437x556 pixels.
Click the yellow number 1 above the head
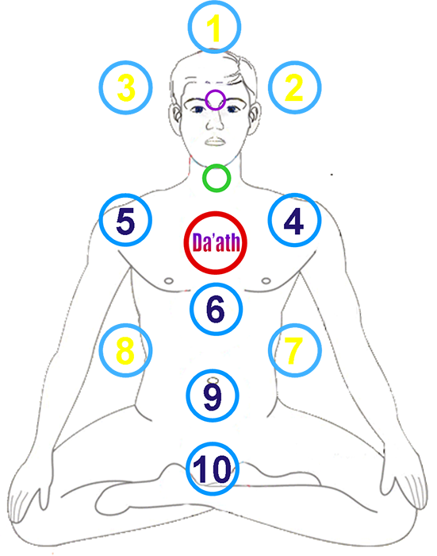tap(214, 28)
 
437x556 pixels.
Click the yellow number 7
tap(293, 351)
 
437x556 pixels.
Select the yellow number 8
tap(125, 351)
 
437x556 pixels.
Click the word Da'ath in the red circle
tap(216, 242)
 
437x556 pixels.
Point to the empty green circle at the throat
tap(217, 165)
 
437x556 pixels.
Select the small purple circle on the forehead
tap(215, 91)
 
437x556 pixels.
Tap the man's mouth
tap(215, 141)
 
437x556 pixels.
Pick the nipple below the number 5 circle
tap(169, 281)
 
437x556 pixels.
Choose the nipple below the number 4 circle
tap(266, 281)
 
